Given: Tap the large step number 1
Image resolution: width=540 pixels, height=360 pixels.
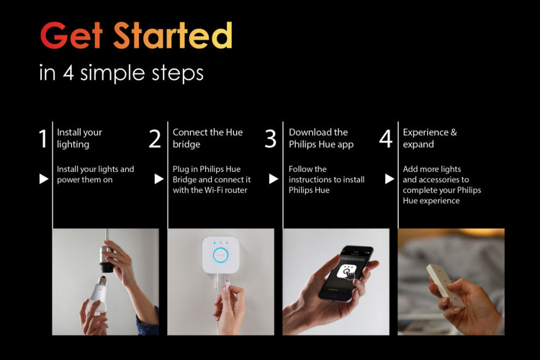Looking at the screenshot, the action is point(43,139).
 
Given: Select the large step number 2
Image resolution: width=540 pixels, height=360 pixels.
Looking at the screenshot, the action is point(155,139).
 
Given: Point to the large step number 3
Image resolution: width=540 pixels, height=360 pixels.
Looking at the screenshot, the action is point(271,139).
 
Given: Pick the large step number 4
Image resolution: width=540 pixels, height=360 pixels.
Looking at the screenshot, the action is point(386,139).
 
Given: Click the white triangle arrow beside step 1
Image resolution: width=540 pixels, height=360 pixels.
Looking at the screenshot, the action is point(44,179).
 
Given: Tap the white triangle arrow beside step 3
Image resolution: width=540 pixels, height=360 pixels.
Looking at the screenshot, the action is point(273,179).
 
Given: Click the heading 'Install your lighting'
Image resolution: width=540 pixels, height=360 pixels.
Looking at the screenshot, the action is point(80,138).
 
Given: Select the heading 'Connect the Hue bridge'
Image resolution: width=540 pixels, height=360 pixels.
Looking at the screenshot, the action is point(208,138).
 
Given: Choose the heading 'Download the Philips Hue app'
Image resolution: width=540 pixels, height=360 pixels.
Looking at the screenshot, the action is point(321,138).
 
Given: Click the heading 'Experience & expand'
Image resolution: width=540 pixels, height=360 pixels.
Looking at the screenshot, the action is point(430,138).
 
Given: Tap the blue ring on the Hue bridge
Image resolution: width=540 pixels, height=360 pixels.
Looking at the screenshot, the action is point(221,255).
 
